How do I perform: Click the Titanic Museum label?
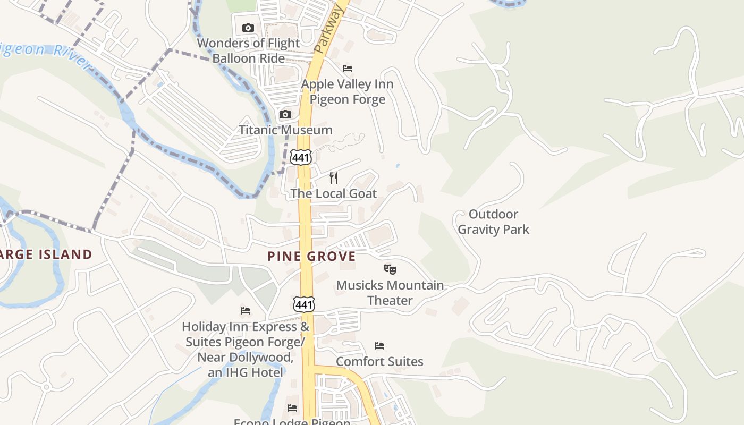pos(285,130)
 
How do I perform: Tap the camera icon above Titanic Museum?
pos(285,114)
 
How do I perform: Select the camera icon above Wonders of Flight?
pos(248,28)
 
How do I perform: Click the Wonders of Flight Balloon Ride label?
pos(248,50)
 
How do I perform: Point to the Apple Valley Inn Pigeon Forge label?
pos(348,91)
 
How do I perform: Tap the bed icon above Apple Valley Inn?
pos(348,68)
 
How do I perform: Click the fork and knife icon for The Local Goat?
pos(334,177)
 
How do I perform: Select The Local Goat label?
pos(334,193)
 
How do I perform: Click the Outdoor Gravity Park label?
pos(493,222)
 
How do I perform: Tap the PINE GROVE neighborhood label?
pos(311,256)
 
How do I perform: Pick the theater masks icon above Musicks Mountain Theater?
pos(390,269)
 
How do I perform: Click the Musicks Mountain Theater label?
pos(390,292)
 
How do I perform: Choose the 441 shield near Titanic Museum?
pos(301,156)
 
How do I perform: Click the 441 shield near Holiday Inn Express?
pos(303,304)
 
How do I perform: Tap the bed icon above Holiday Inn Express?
pos(245,310)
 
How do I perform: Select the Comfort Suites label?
pos(379,361)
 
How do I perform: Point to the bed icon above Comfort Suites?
pos(379,345)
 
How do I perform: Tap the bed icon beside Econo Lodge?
pos(292,407)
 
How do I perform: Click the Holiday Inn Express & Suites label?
pos(246,350)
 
